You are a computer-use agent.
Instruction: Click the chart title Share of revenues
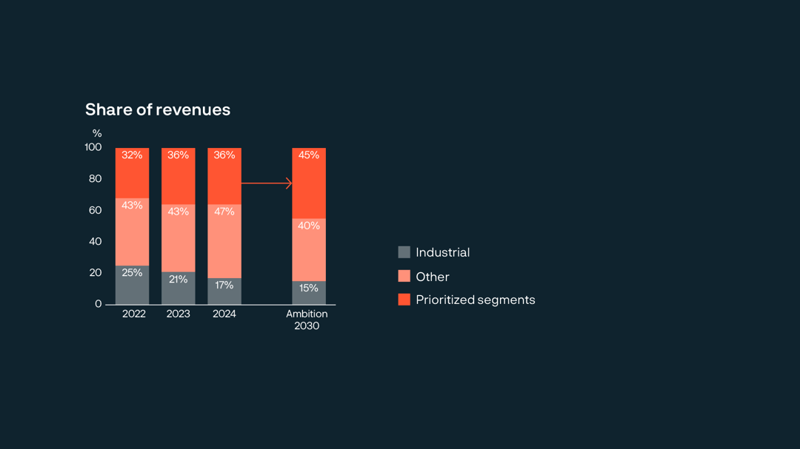(158, 109)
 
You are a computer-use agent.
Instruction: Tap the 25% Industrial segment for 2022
(132, 285)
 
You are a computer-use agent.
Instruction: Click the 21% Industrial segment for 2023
(179, 288)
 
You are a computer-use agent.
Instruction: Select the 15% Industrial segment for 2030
(309, 292)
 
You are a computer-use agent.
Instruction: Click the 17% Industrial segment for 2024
(224, 291)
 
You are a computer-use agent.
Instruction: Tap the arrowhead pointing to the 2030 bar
(289, 183)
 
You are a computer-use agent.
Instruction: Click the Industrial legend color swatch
(404, 252)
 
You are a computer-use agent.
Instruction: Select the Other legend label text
(433, 277)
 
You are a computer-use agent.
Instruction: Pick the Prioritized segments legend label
(475, 300)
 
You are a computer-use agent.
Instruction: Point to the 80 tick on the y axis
(94, 179)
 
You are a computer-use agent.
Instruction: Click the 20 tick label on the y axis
(94, 273)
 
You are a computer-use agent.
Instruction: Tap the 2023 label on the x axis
(179, 314)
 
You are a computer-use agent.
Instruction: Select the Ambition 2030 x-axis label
(307, 320)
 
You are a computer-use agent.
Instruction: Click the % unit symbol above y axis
(97, 133)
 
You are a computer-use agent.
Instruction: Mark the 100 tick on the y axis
(93, 147)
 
